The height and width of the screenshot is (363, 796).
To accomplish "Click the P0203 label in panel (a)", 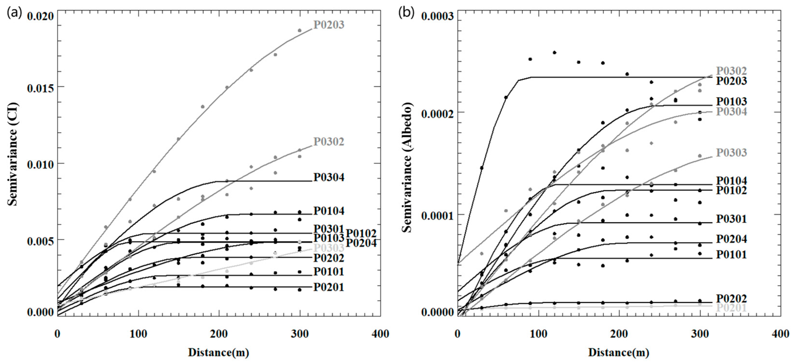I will pyautogui.click(x=329, y=25).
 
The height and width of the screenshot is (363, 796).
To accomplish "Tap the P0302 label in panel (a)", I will pyautogui.click(x=329, y=142).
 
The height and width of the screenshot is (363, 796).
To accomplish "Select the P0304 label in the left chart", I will pyautogui.click(x=329, y=177).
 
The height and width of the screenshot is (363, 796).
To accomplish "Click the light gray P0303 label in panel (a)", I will pyautogui.click(x=329, y=248).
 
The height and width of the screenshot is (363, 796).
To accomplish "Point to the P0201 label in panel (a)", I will pyautogui.click(x=329, y=287).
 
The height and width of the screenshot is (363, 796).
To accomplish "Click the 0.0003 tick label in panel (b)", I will pyautogui.click(x=438, y=16).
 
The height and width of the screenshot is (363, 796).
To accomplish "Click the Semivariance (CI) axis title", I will pyautogui.click(x=13, y=154).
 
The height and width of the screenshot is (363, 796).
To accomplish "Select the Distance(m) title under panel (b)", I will pyautogui.click(x=619, y=352).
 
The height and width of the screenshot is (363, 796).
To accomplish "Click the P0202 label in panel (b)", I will pyautogui.click(x=731, y=299).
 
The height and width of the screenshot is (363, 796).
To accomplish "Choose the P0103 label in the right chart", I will pyautogui.click(x=731, y=101).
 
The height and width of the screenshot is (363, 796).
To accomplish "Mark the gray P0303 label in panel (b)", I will pyautogui.click(x=731, y=152).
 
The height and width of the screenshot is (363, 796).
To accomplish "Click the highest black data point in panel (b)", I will pyautogui.click(x=555, y=53).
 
